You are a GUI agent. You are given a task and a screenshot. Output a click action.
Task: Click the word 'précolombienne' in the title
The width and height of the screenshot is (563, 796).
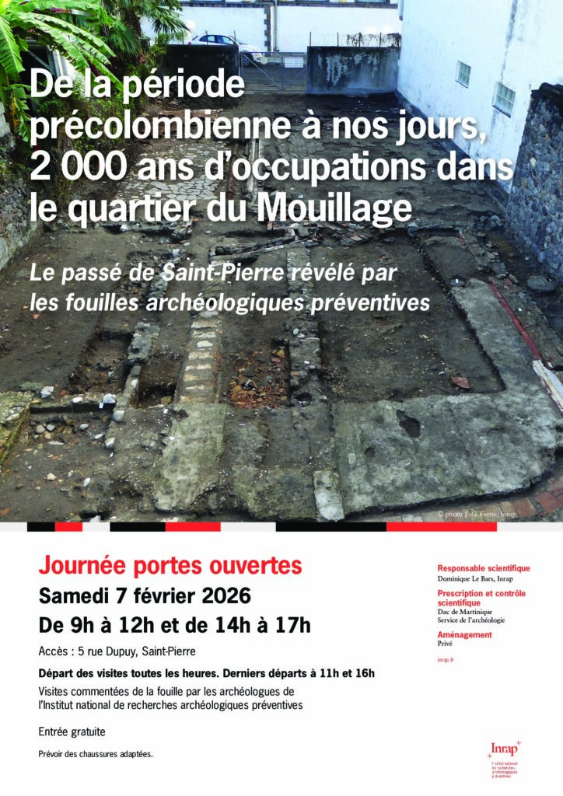point(150,127)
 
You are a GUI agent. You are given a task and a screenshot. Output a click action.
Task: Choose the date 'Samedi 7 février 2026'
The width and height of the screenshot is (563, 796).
point(145,596)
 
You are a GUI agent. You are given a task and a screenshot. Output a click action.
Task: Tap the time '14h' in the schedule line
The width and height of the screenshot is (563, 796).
point(228,625)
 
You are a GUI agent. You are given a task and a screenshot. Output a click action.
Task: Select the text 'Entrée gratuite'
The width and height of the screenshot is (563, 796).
point(72,731)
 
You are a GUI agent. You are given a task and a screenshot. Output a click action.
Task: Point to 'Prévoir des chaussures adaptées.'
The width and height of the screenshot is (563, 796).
point(96,754)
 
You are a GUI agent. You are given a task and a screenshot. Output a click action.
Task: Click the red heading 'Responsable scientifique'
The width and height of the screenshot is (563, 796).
point(483,568)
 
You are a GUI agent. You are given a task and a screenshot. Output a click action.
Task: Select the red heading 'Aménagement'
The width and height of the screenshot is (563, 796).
point(464,635)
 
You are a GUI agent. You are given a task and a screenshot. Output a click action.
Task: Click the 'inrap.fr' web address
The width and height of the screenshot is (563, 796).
point(446,659)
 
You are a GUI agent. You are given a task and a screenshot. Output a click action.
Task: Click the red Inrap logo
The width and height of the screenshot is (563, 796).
point(503,749)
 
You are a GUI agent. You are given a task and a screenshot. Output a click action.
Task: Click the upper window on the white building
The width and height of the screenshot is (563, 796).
point(463,73)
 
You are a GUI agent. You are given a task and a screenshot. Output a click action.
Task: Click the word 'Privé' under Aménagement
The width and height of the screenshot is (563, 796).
point(445,644)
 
